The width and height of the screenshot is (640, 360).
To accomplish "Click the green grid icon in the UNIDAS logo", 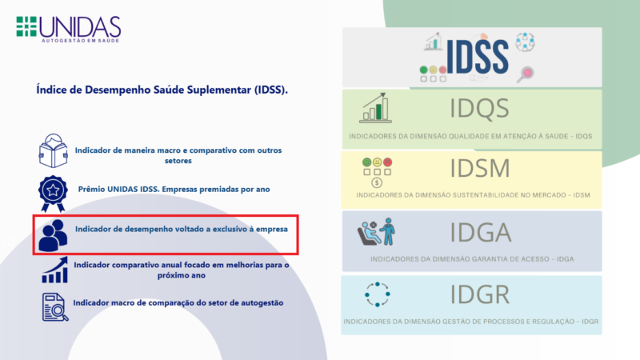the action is point(26,26).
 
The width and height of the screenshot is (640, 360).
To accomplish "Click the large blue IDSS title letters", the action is point(477,57).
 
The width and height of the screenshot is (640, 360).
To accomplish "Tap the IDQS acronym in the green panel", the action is point(479,108).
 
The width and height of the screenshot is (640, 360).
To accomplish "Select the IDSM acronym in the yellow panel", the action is point(480,168).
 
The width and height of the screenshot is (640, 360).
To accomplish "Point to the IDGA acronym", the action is point(481,232).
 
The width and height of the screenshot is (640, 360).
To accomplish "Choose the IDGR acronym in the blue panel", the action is point(480,294).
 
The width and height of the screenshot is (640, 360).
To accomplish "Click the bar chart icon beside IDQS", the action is point(375,108).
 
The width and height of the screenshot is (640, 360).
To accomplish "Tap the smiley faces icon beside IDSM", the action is point(377,172).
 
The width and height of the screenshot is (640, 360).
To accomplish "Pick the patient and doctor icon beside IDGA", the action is point(376,231).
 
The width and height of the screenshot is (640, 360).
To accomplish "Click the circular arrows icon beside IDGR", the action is point(377,294).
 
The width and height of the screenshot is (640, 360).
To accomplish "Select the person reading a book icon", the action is point(53,150).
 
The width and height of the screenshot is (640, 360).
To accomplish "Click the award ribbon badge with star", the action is point(53,194).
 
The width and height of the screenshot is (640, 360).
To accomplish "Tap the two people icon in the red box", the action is point(53,235).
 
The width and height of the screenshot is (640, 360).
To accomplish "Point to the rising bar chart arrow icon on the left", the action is point(54,270).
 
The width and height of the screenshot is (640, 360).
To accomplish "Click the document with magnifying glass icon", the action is point(55,307).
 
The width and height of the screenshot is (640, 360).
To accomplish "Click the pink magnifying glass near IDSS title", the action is point(526,74).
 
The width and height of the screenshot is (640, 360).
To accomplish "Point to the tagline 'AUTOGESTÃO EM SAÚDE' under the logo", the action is point(81,41).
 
